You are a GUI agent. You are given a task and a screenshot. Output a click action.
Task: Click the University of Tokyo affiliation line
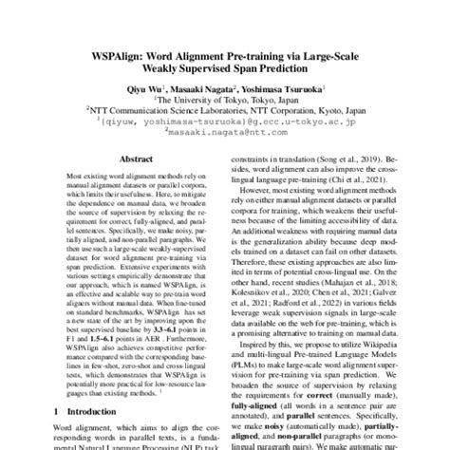(x=225, y=96)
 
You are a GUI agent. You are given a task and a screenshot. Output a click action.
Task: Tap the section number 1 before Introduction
(x=59, y=412)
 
